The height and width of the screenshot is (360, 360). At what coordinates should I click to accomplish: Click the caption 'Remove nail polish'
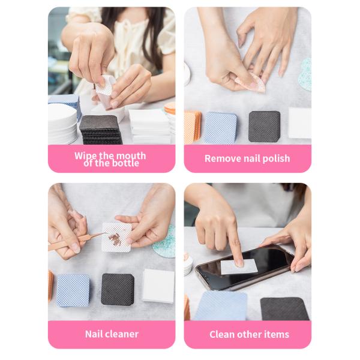pos(247,158)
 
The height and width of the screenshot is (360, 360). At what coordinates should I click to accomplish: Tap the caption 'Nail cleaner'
pos(112,334)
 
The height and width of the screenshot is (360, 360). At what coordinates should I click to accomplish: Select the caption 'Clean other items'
pos(249,334)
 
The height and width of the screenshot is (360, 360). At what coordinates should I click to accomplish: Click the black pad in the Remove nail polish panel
pos(264,126)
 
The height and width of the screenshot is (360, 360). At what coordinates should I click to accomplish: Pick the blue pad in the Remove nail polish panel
pos(220,127)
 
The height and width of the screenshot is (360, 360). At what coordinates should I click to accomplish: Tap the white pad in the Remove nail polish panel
pos(299,122)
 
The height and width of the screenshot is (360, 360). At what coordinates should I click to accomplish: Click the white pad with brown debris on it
pos(116,237)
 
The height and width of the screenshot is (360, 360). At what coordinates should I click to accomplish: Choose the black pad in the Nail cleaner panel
pos(117,289)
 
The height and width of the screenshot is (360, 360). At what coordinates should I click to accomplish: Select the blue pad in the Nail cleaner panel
pos(73,290)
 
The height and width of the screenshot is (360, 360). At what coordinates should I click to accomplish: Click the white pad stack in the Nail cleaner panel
pos(158,286)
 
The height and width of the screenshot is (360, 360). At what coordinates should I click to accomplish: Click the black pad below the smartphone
pos(284,309)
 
